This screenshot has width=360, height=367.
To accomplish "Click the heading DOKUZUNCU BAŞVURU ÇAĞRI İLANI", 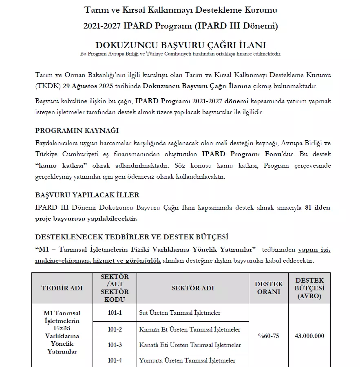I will click(180, 44).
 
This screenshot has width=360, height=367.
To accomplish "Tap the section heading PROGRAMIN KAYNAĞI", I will click(77, 130).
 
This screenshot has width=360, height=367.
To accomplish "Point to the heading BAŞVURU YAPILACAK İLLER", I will click(87, 195).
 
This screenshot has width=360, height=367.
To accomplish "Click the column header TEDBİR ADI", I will click(62, 288).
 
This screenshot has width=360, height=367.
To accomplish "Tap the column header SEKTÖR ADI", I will click(193, 288).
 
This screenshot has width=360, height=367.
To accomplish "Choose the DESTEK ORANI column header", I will click(268, 288).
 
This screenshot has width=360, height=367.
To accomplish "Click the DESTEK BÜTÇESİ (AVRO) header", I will click(309, 288).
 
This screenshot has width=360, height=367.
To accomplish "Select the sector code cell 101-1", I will click(115, 313).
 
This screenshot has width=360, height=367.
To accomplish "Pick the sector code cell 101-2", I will click(115, 329).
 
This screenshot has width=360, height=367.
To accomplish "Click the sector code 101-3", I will click(115, 345).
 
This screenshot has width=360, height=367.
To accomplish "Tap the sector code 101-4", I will click(115, 360).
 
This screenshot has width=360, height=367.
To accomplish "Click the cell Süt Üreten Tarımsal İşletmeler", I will click(180, 313).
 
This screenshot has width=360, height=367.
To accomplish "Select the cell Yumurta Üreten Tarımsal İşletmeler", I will click(187, 360).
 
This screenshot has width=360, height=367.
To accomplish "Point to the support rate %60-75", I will click(268, 336).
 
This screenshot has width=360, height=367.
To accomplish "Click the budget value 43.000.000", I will click(309, 336).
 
